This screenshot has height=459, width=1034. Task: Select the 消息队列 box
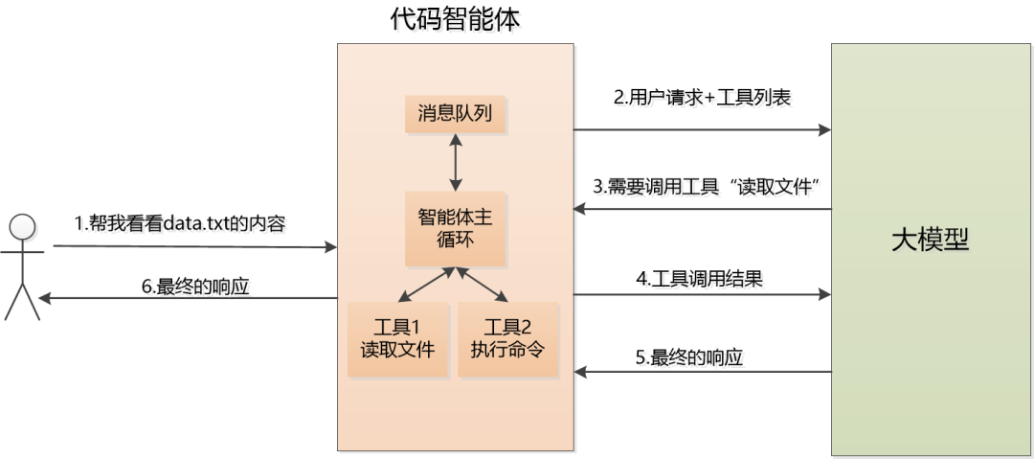click(x=455, y=114)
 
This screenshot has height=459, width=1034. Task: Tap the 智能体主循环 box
click(x=455, y=228)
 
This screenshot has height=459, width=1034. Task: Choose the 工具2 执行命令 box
click(x=507, y=337)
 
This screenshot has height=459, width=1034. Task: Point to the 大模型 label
click(x=930, y=241)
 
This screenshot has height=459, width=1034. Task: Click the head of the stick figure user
click(x=22, y=228)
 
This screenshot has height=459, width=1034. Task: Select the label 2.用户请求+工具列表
click(x=702, y=97)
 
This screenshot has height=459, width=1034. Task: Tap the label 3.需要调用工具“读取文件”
click(x=709, y=188)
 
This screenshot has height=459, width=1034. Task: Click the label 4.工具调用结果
click(x=699, y=279)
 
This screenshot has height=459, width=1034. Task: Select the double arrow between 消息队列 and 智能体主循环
click(x=456, y=162)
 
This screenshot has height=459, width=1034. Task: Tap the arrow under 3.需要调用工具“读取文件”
click(x=702, y=209)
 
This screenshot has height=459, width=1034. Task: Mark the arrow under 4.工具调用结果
click(x=702, y=294)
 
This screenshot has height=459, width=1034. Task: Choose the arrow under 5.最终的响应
click(x=702, y=372)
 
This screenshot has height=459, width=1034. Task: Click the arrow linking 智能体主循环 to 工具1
click(x=426, y=285)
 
